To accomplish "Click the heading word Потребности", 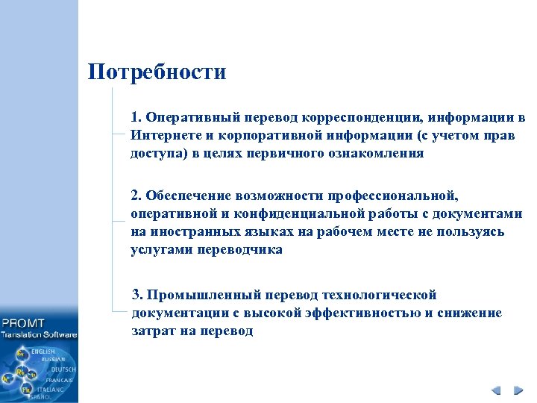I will tap(157, 72).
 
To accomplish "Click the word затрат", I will tap(151, 331).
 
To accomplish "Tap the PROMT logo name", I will tap(24, 323).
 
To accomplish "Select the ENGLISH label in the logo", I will tap(43, 351).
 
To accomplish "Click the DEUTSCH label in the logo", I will tap(63, 369).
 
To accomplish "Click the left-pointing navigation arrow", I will tap(496, 390).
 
